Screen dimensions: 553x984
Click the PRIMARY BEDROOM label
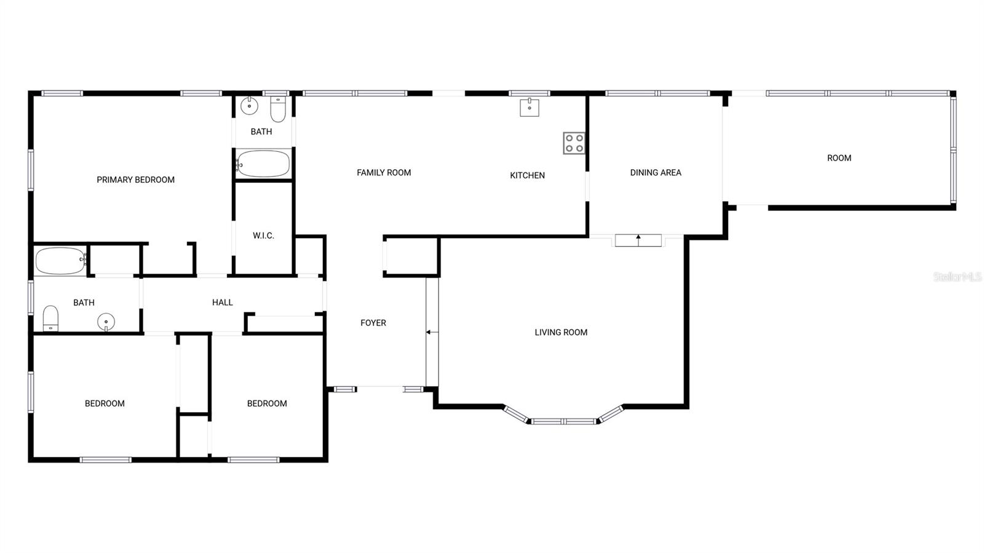[135, 180]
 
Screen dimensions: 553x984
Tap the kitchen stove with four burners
[574, 143]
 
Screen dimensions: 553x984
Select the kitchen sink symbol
[530, 107]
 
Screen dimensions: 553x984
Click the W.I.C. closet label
[263, 236]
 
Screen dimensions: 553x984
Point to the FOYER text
[373, 323]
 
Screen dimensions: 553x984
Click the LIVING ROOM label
[561, 332]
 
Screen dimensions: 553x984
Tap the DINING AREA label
[656, 173]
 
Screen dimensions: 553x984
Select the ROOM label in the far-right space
[839, 158]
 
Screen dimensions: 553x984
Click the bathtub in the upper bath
[263, 164]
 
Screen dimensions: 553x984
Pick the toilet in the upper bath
[278, 109]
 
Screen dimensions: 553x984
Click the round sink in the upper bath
[249, 106]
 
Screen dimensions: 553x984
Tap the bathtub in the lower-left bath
[60, 261]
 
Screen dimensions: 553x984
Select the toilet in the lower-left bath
[50, 318]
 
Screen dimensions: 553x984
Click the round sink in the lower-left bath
[106, 321]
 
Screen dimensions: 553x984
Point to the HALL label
[222, 302]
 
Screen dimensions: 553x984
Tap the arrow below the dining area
[638, 237]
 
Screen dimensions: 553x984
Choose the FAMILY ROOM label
[384, 173]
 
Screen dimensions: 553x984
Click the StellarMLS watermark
[957, 277]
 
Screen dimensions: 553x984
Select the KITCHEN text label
[527, 175]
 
